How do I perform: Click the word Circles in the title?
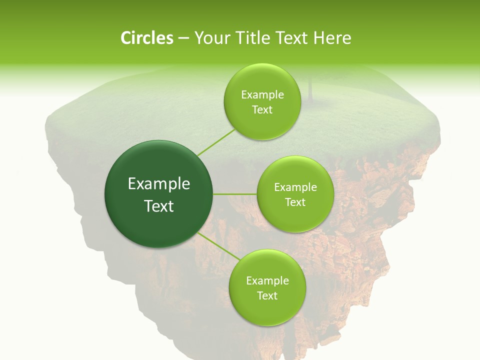[x=147, y=38]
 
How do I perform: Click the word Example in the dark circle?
[x=159, y=184]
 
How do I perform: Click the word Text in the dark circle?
[x=159, y=206]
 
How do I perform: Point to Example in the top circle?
[x=262, y=95]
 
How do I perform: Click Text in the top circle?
[x=262, y=110]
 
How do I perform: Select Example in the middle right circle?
[x=295, y=187]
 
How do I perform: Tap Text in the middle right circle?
[x=295, y=202]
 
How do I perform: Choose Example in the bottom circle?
[x=267, y=281]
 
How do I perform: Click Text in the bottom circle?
[x=267, y=296]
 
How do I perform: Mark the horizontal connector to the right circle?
[x=235, y=194]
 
